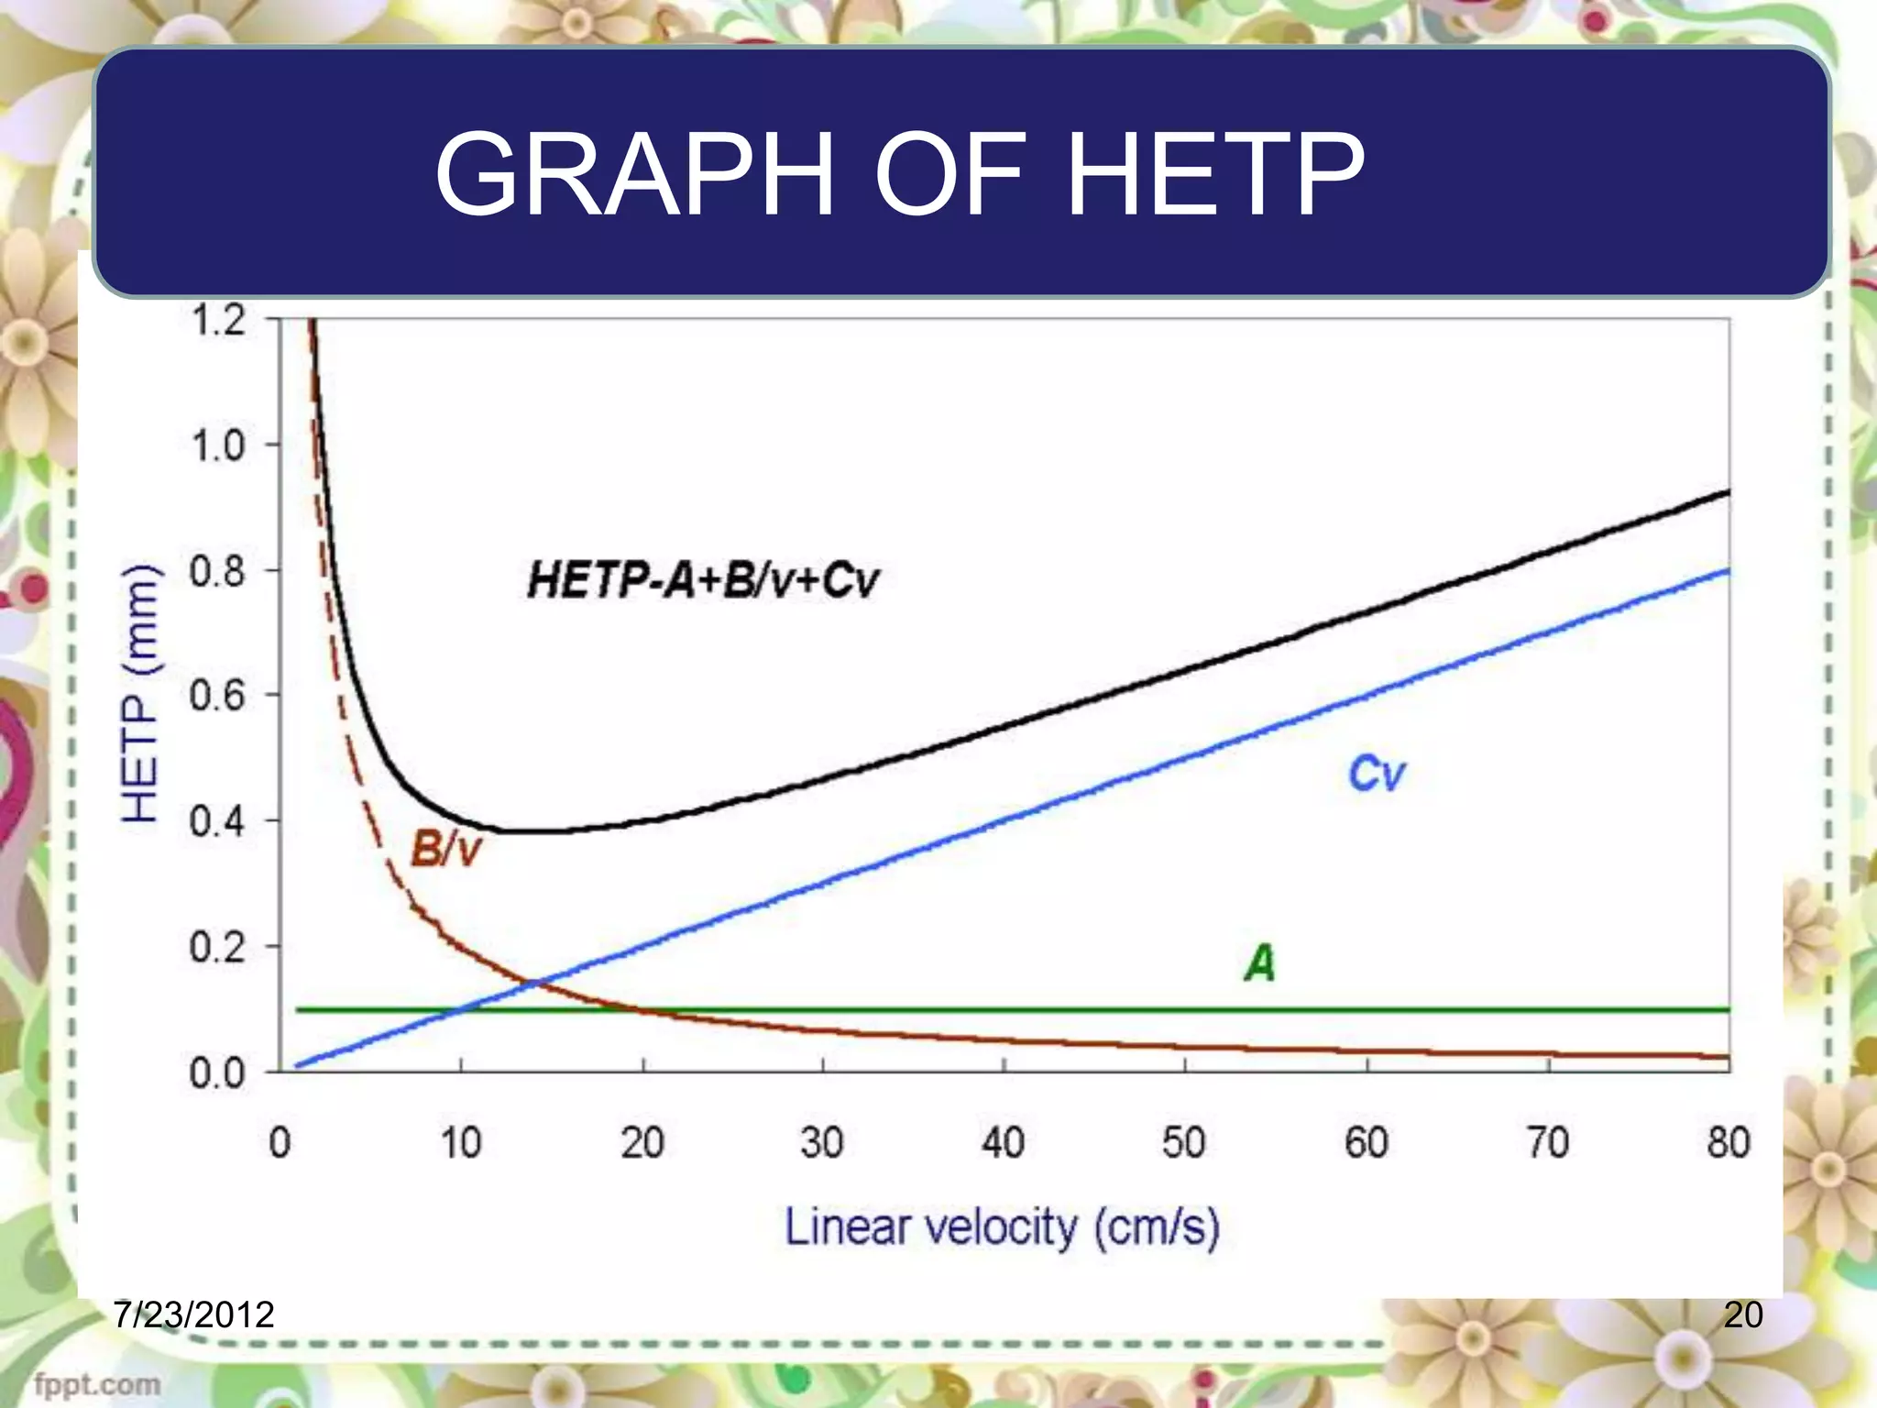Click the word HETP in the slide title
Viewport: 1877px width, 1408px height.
click(x=1215, y=174)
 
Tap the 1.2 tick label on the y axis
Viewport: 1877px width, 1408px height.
click(x=218, y=321)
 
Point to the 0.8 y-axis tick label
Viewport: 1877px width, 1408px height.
click(x=218, y=572)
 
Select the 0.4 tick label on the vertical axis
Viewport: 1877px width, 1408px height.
click(x=218, y=822)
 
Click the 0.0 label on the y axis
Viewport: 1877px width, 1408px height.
click(x=218, y=1073)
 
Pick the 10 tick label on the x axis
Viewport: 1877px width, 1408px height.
click(x=460, y=1143)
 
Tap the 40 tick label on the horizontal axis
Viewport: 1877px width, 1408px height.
click(x=1004, y=1143)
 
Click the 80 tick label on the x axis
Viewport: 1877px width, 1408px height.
click(x=1729, y=1143)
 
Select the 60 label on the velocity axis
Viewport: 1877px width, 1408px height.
click(x=1367, y=1143)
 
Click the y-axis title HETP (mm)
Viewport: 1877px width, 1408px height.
click(x=141, y=694)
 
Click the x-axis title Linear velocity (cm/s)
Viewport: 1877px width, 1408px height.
click(x=1003, y=1228)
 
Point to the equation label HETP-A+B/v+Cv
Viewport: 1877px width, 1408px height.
click(x=703, y=580)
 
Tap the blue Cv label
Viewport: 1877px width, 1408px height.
click(x=1376, y=774)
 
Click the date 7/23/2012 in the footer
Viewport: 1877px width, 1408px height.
click(x=194, y=1314)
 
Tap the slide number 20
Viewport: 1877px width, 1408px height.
click(x=1743, y=1314)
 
